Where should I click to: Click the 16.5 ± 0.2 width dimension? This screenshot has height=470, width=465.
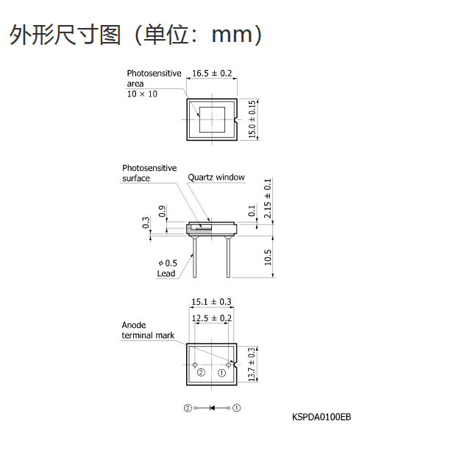pyautogui.click(x=212, y=74)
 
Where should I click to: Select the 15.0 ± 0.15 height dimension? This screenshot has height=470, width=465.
pyautogui.click(x=252, y=119)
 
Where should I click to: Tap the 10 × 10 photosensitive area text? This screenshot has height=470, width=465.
pyautogui.click(x=142, y=94)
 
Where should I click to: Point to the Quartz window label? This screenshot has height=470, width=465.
pyautogui.click(x=216, y=178)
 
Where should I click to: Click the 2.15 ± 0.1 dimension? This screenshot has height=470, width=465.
pyautogui.click(x=267, y=198)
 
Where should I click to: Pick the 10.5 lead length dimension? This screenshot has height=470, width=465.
pyautogui.click(x=268, y=258)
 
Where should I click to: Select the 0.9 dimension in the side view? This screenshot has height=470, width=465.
pyautogui.click(x=162, y=211)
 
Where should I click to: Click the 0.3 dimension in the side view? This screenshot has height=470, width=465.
pyautogui.click(x=146, y=222)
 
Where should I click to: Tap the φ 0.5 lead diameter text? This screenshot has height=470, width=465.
pyautogui.click(x=168, y=263)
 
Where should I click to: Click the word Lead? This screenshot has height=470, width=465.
pyautogui.click(x=166, y=273)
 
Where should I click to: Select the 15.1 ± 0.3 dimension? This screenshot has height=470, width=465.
pyautogui.click(x=211, y=302)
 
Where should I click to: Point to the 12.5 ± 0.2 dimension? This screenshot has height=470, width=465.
pyautogui.click(x=212, y=318)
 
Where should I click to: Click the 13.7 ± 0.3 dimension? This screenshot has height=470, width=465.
pyautogui.click(x=252, y=365)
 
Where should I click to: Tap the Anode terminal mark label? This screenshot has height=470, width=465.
pyautogui.click(x=148, y=330)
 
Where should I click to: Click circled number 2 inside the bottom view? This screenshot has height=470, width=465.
pyautogui.click(x=201, y=373)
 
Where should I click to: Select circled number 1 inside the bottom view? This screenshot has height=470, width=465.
pyautogui.click(x=221, y=373)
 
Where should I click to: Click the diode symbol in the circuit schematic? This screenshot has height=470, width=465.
pyautogui.click(x=213, y=408)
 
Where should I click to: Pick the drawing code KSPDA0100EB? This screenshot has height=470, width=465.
pyautogui.click(x=322, y=417)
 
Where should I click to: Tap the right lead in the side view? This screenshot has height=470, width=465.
pyautogui.click(x=229, y=256)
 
